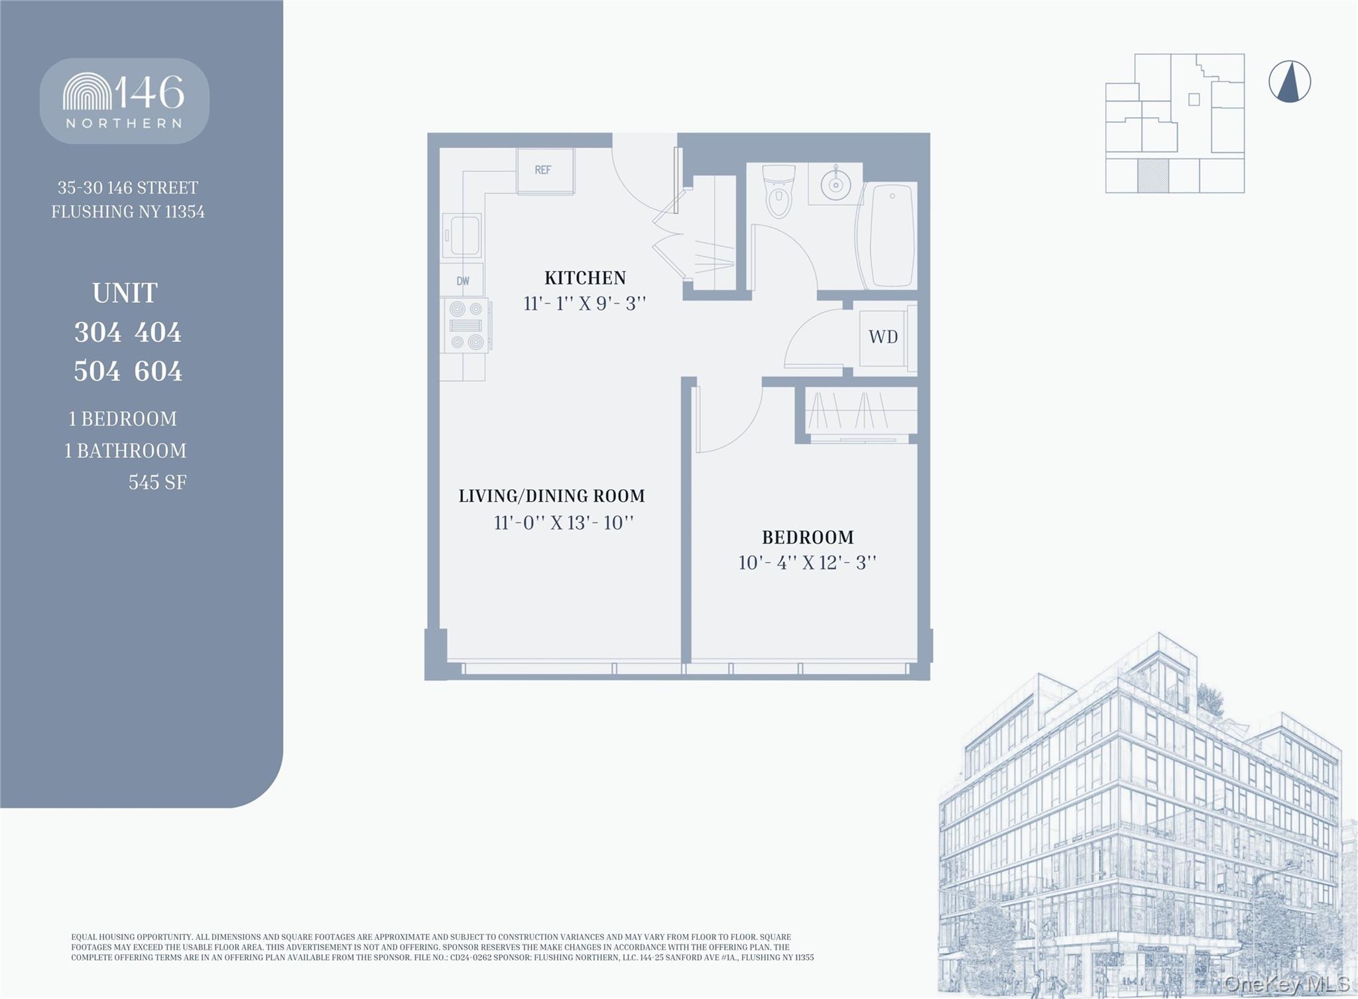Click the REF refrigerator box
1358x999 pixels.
coord(545,171)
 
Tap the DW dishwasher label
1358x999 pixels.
coord(463,281)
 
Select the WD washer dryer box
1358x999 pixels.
coord(883,337)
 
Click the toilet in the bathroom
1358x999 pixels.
coord(778,191)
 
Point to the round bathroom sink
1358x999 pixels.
coord(835,184)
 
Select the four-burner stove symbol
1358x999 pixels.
coord(466,325)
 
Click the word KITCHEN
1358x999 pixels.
coord(585,278)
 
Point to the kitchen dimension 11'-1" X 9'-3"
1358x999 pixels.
coord(584,304)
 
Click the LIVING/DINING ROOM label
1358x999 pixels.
coord(552,496)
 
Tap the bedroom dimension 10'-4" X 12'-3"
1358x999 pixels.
coord(807,563)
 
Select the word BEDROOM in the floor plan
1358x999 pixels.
coord(807,537)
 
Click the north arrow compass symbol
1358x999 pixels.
coord(1289,82)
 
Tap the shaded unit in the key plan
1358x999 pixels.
coord(1152,176)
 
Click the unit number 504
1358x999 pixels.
coord(97,371)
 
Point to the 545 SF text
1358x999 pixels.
coord(157,483)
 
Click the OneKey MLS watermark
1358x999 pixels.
coord(1286,984)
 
